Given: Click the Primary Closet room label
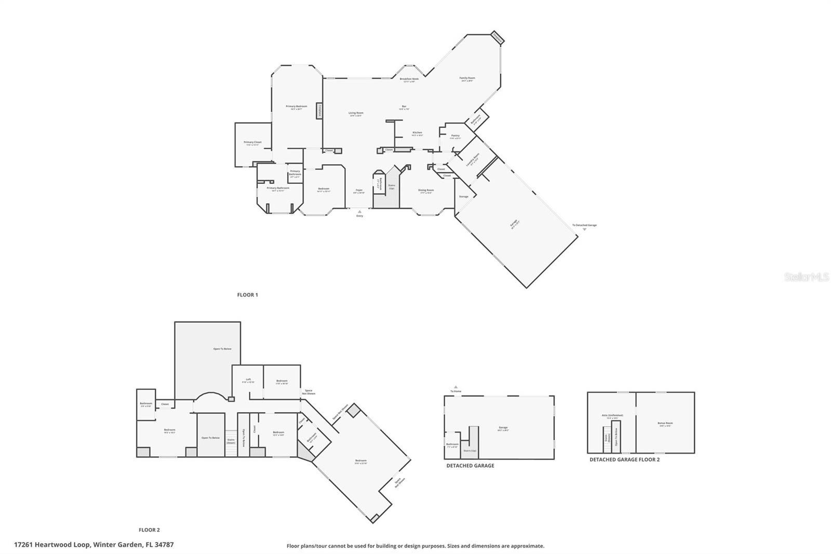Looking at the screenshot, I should coord(253,142).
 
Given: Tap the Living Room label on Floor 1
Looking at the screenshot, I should coord(356,113).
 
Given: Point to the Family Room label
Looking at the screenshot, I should coord(467,78).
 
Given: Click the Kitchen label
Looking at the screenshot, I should coord(417,133).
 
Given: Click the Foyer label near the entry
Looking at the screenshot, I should coord(359,191).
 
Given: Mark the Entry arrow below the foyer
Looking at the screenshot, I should coord(359,212).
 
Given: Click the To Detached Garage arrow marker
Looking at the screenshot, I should coord(584,229).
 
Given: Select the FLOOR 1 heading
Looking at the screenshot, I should coord(247,295).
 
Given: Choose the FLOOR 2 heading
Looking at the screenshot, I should coord(149,530).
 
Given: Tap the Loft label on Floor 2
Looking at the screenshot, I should coord(248,380).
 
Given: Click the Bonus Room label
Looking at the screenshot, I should coord(665,424).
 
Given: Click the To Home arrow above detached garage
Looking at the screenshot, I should coord(455,387).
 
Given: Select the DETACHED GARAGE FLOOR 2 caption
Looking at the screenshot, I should coord(624,459).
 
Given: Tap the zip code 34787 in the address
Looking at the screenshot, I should coord(164,545).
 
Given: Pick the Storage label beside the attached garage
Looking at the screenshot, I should coord(463,196).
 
